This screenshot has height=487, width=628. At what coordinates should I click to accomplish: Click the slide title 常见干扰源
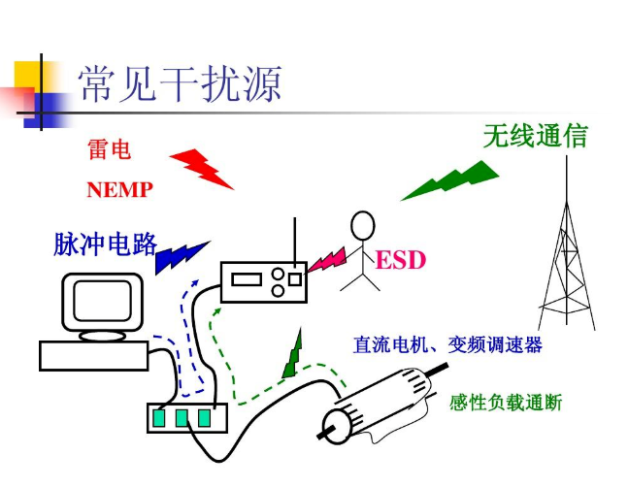(180, 84)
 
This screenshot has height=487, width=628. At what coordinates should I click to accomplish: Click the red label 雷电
(109, 149)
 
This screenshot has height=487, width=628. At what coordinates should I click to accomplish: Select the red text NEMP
(119, 189)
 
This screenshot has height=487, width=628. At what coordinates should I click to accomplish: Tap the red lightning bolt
(202, 169)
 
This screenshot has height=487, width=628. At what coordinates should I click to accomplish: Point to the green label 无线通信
(536, 136)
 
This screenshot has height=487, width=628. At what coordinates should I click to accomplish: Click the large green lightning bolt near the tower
(449, 180)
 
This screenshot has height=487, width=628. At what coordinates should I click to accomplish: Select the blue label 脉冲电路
(106, 243)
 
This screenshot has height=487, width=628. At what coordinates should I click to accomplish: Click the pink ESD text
(401, 260)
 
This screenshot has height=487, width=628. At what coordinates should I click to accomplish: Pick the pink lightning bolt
(326, 260)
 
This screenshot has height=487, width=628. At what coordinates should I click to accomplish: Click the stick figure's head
(363, 226)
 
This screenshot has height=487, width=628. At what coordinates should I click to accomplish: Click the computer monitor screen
(103, 301)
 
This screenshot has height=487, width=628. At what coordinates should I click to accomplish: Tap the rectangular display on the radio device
(248, 279)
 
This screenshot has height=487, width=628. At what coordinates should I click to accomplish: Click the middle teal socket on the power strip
(182, 418)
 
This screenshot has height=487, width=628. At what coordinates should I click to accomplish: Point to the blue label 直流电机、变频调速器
(447, 344)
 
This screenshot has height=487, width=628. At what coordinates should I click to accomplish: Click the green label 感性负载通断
(506, 403)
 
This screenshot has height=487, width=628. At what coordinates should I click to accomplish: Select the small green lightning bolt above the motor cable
(293, 353)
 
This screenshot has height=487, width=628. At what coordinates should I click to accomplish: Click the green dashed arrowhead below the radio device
(216, 311)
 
